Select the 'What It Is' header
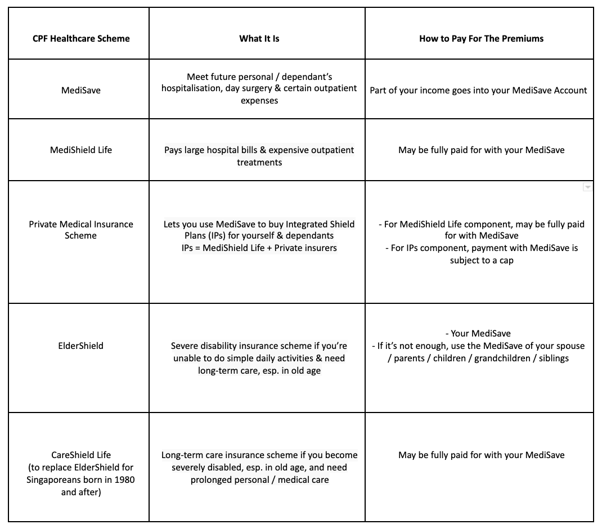pos(259,39)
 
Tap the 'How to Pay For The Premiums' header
pos(481,39)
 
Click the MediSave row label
pos(81,90)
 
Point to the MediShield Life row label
pos(81,150)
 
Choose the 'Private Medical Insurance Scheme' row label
pos(81,230)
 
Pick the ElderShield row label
pos(81,346)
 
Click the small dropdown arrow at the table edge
pos(587,187)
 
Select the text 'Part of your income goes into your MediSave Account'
pos(478,90)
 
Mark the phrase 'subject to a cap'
pos(482,260)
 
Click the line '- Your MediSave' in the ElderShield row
pos(481,334)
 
